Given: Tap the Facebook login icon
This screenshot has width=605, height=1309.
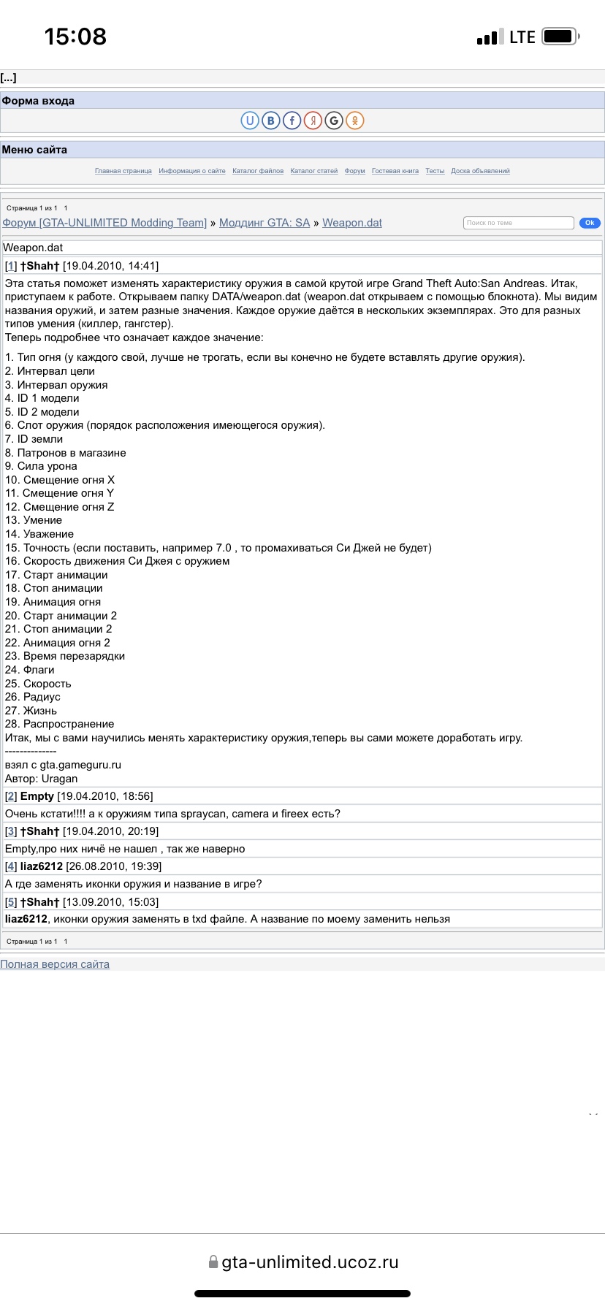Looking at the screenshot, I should click(292, 121).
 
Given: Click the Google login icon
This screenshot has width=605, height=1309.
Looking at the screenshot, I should click(334, 121).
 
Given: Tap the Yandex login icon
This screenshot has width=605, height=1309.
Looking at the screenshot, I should click(313, 121).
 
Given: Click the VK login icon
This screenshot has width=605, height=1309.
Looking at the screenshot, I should click(271, 121).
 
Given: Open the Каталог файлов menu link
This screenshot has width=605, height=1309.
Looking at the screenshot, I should click(258, 171).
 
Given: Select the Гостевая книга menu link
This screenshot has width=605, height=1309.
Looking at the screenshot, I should click(395, 171).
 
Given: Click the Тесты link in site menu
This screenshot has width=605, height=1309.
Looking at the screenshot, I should click(435, 171).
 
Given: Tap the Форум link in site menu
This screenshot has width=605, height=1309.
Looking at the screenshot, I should click(354, 171).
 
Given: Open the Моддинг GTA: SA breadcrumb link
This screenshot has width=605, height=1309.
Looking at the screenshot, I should click(265, 223).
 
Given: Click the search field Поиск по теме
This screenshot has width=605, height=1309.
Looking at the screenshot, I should click(518, 223).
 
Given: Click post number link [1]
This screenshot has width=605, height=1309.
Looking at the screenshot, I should click(11, 266).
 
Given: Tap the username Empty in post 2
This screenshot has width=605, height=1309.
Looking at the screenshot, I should click(37, 796).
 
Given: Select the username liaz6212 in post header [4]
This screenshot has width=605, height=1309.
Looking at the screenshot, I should click(42, 866).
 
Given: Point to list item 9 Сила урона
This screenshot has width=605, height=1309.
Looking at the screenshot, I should click(41, 466).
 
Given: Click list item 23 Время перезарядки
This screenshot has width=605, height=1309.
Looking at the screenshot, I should click(65, 656).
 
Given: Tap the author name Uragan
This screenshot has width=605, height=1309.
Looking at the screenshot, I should click(59, 779).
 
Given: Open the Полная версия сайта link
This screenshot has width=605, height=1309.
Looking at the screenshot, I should click(55, 964).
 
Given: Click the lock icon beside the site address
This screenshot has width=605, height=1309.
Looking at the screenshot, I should click(213, 1262).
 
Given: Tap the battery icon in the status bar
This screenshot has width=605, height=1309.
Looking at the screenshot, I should click(560, 37).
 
